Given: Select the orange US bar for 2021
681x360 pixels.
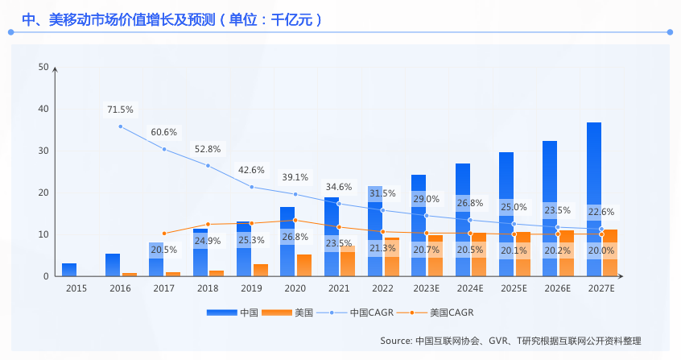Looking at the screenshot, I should click(x=347, y=262).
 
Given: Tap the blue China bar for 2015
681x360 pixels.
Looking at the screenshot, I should click(x=69, y=270).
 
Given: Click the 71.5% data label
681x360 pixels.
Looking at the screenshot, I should click(x=121, y=110).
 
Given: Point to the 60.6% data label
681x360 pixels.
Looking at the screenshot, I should click(x=164, y=132).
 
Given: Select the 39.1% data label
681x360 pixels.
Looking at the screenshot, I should click(x=295, y=177).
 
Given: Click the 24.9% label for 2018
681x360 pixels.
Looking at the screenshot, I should click(x=208, y=240).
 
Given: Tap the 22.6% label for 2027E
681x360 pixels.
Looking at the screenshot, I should click(x=601, y=212).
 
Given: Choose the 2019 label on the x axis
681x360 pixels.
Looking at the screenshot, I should click(x=251, y=288).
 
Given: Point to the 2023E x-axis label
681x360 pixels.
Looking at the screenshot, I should click(x=426, y=288).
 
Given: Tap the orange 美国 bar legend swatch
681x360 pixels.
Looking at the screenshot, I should click(x=277, y=312).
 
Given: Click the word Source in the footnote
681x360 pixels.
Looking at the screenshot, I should click(x=396, y=341).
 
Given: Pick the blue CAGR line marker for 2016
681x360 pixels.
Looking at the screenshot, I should click(x=121, y=126).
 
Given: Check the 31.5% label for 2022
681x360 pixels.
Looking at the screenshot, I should click(x=382, y=193).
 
